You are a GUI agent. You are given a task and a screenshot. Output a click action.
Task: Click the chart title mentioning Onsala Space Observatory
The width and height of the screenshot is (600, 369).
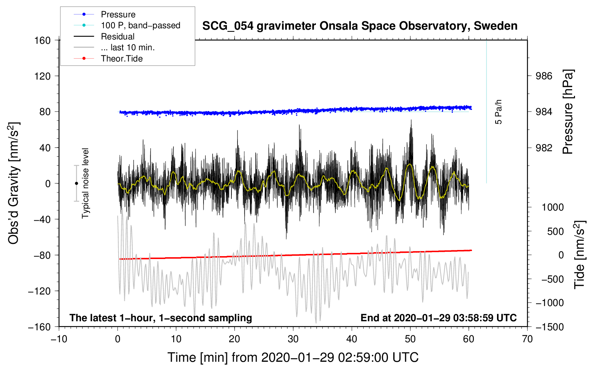[360, 26]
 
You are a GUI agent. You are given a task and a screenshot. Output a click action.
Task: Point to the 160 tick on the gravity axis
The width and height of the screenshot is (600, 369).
[43, 41]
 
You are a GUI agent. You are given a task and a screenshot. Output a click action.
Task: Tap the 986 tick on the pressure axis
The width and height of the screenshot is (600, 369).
[544, 76]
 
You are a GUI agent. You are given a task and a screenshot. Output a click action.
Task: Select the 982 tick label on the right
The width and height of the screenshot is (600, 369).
[544, 148]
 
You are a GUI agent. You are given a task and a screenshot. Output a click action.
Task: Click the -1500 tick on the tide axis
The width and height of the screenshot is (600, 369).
[550, 327]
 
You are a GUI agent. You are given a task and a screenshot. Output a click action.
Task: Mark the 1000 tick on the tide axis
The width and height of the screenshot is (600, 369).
[553, 207]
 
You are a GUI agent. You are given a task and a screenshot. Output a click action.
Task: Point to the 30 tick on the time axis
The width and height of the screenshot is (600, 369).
[293, 339]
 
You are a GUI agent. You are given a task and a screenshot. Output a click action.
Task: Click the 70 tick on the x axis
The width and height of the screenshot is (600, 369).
[527, 339]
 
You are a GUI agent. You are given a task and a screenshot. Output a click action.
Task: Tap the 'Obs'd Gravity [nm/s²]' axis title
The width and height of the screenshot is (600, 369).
[13, 183]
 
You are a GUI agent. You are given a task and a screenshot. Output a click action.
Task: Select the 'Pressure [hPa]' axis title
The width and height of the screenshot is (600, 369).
[568, 112]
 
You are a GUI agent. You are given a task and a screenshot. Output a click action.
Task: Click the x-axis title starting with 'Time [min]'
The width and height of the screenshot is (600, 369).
[293, 357]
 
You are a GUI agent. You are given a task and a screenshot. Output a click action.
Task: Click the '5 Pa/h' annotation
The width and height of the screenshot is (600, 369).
[498, 112]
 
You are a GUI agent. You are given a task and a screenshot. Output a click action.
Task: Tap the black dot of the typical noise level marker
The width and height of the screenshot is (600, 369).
[76, 183]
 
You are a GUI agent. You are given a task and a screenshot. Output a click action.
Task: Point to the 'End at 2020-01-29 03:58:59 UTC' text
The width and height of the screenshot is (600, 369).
[438, 318]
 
